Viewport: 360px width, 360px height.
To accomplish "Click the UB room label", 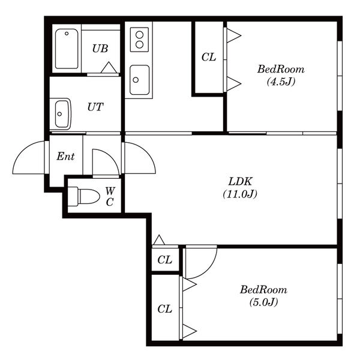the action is (x=100, y=49).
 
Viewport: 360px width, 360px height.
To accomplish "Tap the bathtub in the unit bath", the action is (x=67, y=49).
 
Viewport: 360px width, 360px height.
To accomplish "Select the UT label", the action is (x=95, y=107).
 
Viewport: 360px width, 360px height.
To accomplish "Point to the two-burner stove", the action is (x=139, y=39).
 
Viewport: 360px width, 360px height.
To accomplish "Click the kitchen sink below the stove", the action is (x=139, y=80).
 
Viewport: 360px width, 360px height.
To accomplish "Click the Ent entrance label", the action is (x=65, y=157).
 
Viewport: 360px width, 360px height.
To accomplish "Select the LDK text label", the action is (x=241, y=181).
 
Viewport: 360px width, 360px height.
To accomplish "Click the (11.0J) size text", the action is (x=240, y=194).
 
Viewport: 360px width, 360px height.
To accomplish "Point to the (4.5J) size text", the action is (x=281, y=82).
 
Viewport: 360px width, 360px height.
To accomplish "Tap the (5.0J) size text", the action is (x=264, y=302).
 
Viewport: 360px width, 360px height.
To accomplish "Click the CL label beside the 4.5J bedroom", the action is (x=209, y=57).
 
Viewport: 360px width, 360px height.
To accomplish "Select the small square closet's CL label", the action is (x=164, y=260).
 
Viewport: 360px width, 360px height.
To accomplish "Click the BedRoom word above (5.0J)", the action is (x=263, y=290).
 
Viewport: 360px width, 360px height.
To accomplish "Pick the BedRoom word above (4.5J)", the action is (x=281, y=69).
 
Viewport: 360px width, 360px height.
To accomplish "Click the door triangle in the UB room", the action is (x=109, y=67).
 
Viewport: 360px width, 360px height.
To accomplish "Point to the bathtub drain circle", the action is (x=67, y=34).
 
